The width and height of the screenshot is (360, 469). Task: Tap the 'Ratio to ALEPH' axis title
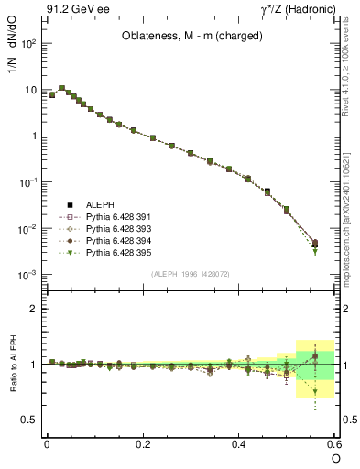point(14,365)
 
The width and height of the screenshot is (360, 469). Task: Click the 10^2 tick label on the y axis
point(27,44)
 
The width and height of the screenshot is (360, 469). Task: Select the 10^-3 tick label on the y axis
point(27,275)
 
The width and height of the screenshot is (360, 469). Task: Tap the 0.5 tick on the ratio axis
point(29,420)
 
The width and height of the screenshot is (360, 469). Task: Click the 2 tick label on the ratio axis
point(34,309)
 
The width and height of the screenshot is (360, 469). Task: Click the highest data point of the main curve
point(62,89)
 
